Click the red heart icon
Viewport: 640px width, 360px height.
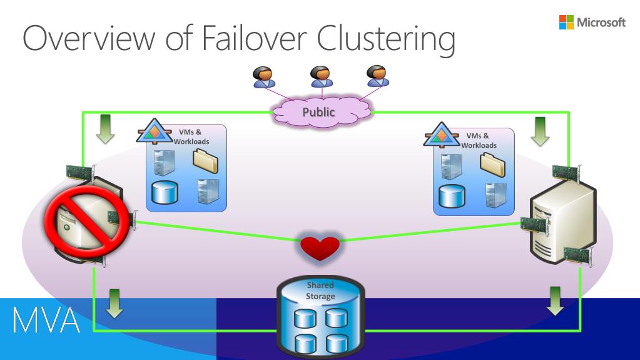320,248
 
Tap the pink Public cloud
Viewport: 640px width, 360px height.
322,111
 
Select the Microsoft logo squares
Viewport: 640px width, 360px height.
566,22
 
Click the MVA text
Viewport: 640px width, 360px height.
46,321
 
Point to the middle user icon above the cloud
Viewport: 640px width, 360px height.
321,76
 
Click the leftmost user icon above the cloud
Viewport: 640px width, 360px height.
263,77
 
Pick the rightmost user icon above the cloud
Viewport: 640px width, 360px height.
377,76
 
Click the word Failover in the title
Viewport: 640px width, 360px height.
254,38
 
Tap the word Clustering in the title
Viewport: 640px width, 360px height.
386,40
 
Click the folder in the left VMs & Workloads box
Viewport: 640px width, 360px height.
205,161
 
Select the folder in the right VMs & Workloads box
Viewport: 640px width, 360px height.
492,165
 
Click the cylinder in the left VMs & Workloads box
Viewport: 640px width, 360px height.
165,192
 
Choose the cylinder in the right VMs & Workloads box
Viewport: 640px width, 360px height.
452,196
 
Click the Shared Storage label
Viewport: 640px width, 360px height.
320,291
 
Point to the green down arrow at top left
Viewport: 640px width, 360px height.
105,129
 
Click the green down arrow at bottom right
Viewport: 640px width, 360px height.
555,301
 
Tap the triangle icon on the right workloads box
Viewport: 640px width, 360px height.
441,135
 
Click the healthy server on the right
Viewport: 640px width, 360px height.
563,220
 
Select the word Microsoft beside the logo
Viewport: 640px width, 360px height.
601,22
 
